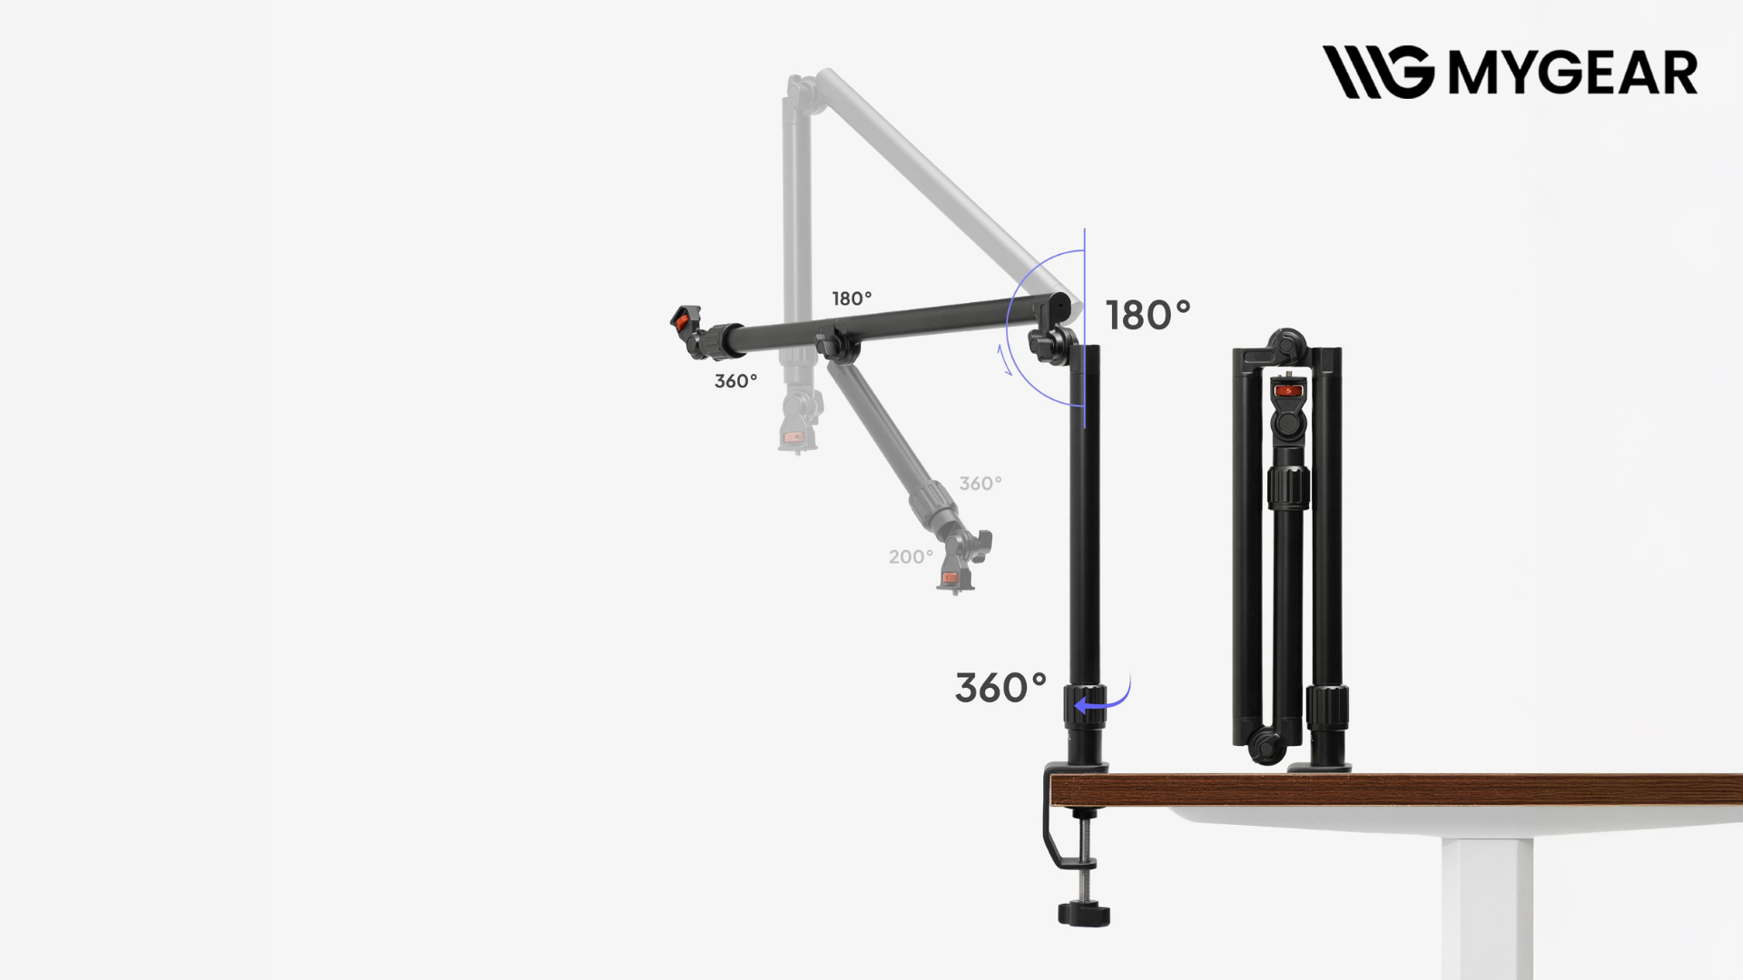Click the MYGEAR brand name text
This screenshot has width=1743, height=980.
tap(1572, 73)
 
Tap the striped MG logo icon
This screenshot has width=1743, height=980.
tap(1378, 72)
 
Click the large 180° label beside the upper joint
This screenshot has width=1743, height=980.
tap(1147, 315)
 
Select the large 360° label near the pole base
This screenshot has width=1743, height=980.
tap(1000, 688)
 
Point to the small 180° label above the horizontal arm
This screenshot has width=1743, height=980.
tap(852, 299)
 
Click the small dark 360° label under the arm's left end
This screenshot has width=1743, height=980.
tap(735, 381)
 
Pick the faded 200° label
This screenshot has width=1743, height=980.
tap(911, 557)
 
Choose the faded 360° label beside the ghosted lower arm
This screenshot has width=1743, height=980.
tap(980, 484)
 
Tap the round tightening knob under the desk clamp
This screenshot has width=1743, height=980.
tap(1084, 913)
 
